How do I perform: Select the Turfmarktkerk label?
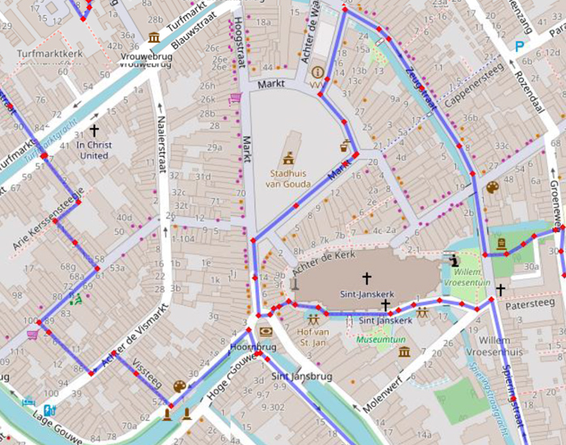49,54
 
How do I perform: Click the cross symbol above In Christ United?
94,129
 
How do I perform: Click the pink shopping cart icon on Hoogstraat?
235,98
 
